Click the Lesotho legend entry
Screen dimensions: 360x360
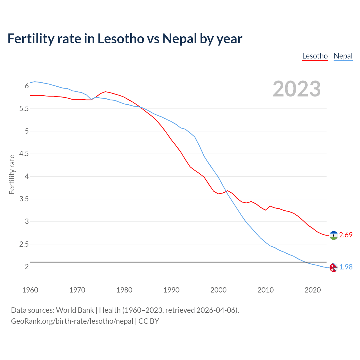click(315, 56)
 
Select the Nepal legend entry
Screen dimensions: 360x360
click(343, 56)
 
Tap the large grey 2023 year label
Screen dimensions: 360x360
click(296, 89)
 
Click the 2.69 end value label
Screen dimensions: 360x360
click(346, 235)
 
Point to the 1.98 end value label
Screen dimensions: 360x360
click(346, 267)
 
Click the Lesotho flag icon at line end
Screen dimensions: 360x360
click(334, 235)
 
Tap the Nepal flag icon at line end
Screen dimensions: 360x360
click(333, 267)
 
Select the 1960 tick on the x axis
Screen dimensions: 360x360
click(30, 290)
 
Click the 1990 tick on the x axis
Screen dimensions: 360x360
click(171, 290)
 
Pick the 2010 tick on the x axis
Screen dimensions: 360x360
click(265, 290)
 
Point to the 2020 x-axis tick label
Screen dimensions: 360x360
click(312, 290)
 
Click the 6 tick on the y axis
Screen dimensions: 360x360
click(27, 86)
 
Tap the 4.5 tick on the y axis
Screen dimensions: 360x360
click(24, 154)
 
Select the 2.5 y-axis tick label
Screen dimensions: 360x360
click(24, 244)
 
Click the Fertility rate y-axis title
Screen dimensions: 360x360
click(12, 174)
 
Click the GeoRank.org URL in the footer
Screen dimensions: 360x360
click(72, 321)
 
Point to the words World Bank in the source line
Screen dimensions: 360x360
click(75, 310)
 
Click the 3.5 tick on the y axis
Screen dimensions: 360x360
click(24, 199)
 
